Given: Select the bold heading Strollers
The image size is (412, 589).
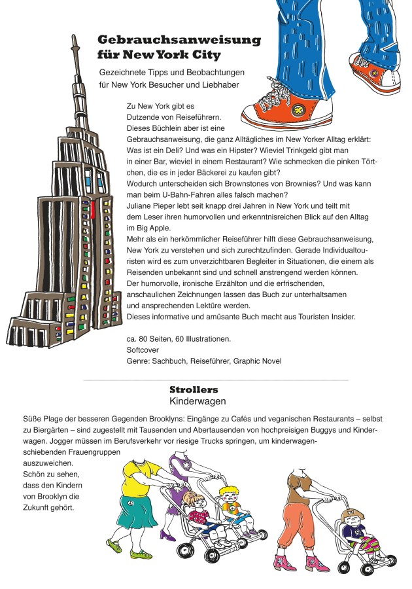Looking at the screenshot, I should click(x=194, y=389).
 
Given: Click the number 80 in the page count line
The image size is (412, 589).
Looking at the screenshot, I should click(x=143, y=339).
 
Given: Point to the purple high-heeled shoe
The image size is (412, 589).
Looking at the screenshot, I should click(x=167, y=534).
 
